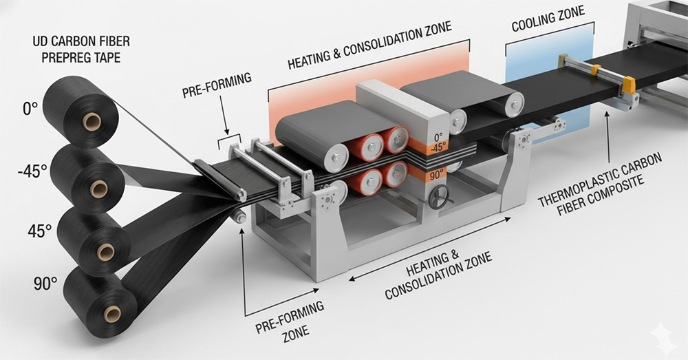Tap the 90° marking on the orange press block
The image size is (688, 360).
[x=438, y=176]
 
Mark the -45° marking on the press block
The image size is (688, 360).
[x=438, y=147]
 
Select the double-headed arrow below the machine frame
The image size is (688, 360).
[x=429, y=248]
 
